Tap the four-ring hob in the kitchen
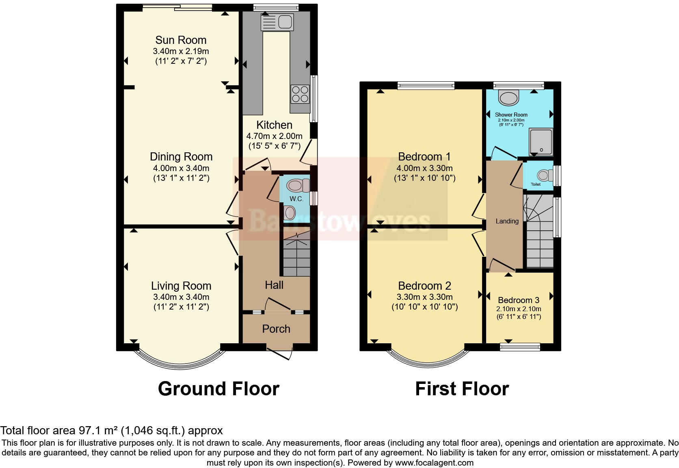click(x=300, y=94)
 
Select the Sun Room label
click(x=181, y=40)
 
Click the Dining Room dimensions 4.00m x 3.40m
click(x=181, y=168)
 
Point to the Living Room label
click(x=181, y=286)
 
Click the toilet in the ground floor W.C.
click(x=298, y=186)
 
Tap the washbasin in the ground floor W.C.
click(x=290, y=212)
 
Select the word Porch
click(x=276, y=329)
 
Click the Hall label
click(x=274, y=285)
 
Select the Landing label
click(x=507, y=221)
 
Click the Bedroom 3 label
click(x=519, y=300)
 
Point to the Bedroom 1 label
click(x=424, y=156)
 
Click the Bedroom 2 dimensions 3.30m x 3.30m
click(x=424, y=297)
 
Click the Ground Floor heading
click(x=218, y=389)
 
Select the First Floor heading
click(x=462, y=389)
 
